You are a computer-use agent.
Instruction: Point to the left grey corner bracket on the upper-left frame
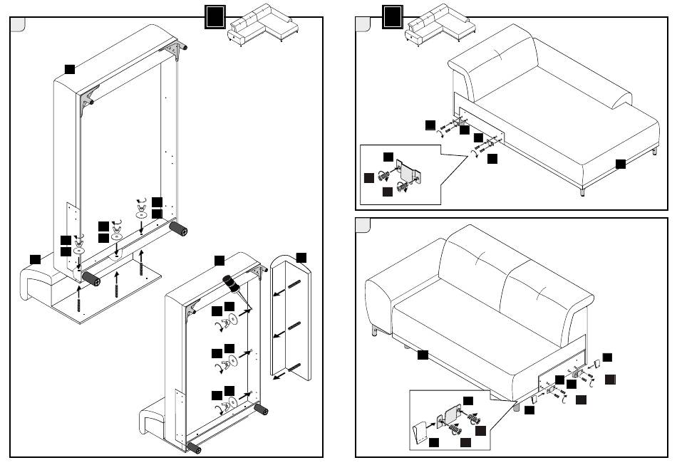click(x=90, y=100)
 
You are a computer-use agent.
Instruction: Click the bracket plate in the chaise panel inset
click(x=408, y=172)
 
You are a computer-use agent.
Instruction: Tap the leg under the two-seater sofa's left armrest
click(x=375, y=330)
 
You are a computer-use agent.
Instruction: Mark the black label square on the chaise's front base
click(x=620, y=164)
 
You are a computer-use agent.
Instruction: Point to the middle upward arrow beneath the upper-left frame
click(x=118, y=276)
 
